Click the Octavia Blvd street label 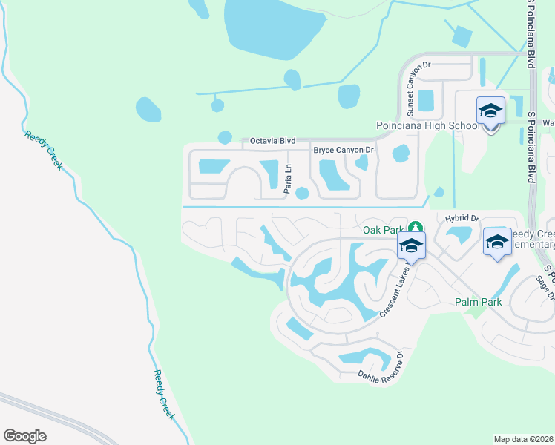272,140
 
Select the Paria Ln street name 287,179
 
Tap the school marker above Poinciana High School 490,111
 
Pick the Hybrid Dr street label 463,219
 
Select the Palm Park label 479,302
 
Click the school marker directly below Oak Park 411,246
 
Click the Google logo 24,436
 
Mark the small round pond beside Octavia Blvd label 225,137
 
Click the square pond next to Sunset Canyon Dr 425,100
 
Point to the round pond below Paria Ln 301,194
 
